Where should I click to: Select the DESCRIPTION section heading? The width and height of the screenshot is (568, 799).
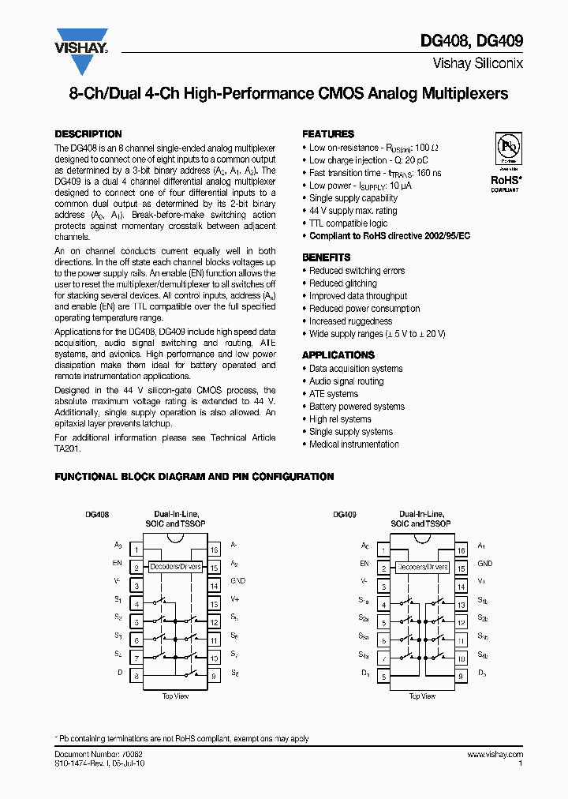pos(88,134)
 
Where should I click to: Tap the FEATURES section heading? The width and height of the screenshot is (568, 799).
pos(328,134)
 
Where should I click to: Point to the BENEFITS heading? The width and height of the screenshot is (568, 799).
pos(327,257)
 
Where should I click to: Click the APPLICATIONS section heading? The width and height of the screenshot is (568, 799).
pos(338,355)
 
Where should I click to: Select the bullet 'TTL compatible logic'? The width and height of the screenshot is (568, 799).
pos(348,223)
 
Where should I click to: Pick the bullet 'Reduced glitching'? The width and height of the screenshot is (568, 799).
pos(342,283)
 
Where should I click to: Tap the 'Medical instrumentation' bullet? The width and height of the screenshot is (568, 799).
pos(353,445)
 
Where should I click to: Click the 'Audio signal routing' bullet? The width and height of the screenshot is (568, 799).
pos(346,381)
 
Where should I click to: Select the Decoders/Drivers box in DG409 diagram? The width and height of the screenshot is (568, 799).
pos(422,567)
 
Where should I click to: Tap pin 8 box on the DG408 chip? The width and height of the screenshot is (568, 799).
pos(136,676)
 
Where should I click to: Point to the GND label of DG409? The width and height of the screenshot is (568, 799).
pos(484,564)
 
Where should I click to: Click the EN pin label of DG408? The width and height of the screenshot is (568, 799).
pos(117,564)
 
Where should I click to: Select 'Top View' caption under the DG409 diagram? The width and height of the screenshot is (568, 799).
pos(422,696)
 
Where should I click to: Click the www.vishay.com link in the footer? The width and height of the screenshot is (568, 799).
pos(495,755)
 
